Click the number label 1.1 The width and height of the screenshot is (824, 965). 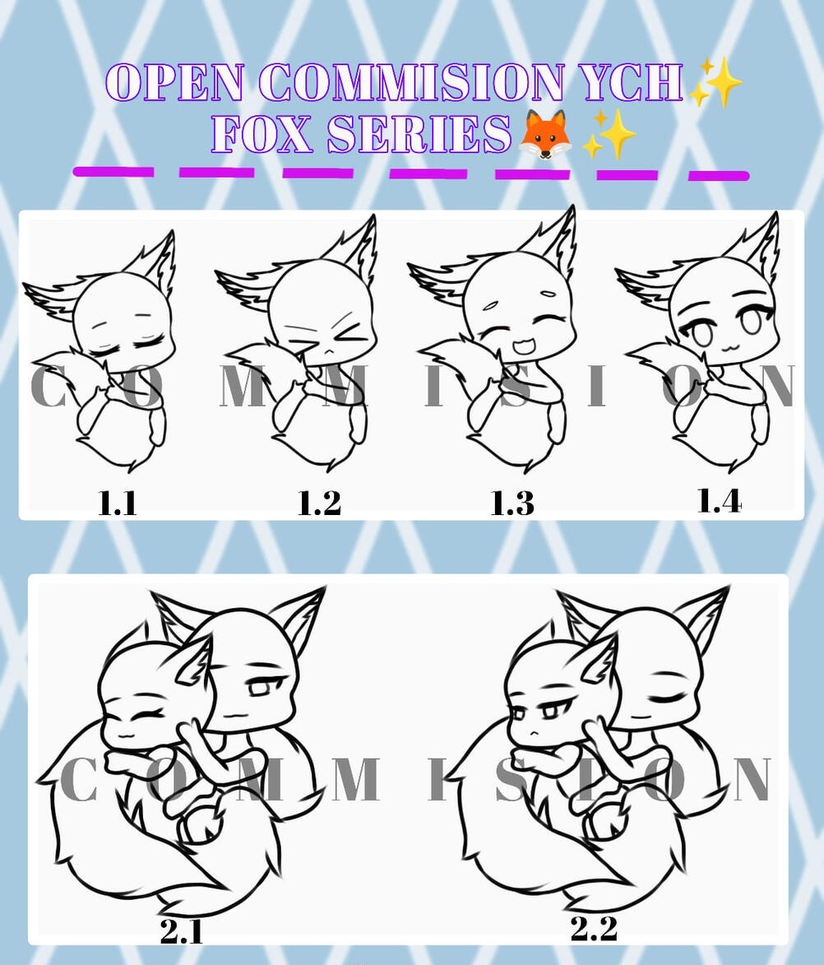(117, 503)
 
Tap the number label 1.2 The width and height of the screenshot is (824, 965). (319, 503)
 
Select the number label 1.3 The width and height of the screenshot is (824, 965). (512, 503)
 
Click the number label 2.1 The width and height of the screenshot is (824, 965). (182, 932)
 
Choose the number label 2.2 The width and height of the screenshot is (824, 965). (593, 929)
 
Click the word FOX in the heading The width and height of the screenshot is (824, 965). (262, 133)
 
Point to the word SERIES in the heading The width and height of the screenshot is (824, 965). (419, 133)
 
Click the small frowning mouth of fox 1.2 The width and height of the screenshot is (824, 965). (329, 351)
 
